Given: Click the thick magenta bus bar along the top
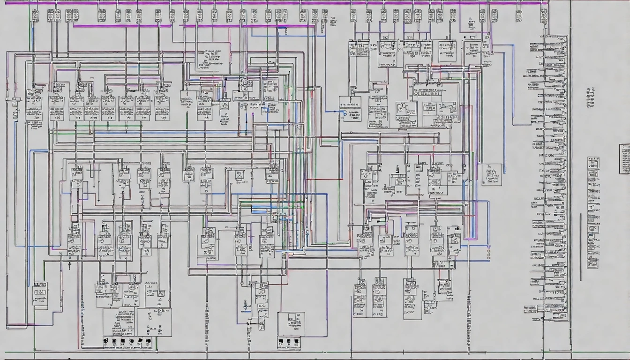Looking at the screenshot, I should (281, 3).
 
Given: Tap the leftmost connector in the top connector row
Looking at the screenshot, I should (36, 15).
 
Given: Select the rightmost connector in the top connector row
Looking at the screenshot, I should (543, 16).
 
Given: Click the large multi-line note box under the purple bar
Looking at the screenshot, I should (212, 58).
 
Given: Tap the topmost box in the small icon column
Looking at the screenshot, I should (593, 163).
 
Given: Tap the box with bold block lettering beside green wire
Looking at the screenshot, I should (40, 294).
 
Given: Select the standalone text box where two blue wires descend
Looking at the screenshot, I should (491, 174).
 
